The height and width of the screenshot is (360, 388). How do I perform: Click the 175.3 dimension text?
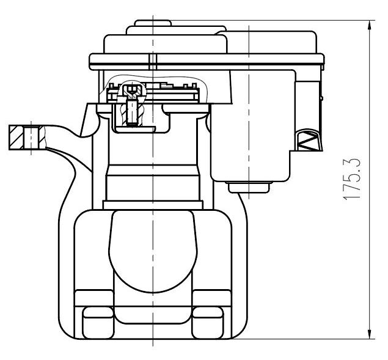tap(351, 178)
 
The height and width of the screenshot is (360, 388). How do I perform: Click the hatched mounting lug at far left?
tap(27, 138)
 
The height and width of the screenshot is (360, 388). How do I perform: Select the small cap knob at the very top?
tap(153, 23)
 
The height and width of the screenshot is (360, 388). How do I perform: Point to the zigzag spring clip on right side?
tap(309, 140)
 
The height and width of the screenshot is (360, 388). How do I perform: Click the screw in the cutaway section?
tap(132, 112)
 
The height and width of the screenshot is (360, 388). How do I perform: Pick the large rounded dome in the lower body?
tap(153, 251)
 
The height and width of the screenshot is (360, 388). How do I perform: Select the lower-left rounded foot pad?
tap(98, 322)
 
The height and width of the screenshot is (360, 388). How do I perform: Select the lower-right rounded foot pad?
tap(207, 322)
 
